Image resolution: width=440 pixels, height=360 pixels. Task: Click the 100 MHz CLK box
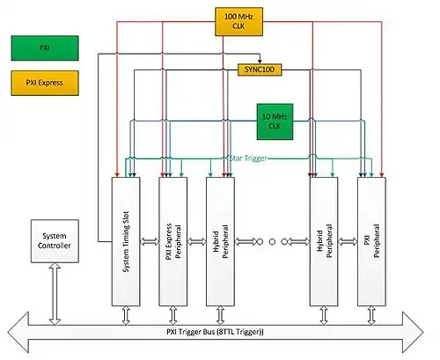coord(238,22)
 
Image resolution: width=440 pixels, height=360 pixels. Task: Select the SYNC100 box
coord(260,70)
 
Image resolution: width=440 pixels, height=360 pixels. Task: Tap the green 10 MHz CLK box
coord(275,121)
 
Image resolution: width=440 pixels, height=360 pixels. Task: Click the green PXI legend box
coord(45,48)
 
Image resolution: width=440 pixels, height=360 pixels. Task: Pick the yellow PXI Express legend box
coord(45,83)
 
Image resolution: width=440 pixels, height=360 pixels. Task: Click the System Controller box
coord(55,241)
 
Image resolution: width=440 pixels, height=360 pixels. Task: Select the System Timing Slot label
coord(126,241)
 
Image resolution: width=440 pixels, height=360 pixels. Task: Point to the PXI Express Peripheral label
coord(173,241)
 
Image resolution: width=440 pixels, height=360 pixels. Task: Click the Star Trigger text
coord(248,158)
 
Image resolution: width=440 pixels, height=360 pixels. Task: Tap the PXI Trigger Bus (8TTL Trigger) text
coord(215,332)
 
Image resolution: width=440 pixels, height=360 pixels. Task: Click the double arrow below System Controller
coord(55,294)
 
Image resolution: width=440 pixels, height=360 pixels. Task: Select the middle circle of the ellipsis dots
coord(272,242)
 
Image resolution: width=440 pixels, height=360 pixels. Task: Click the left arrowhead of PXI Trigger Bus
coord(18,333)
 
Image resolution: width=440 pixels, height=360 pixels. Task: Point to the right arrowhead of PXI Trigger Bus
coord(413,333)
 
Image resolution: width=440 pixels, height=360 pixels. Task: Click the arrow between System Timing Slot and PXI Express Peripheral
coord(150,242)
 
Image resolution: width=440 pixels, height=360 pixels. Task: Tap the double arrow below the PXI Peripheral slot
coord(371,315)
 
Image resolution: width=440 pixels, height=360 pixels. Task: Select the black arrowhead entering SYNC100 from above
coord(260,62)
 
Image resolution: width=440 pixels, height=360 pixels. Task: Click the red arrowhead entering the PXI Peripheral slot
coord(382,174)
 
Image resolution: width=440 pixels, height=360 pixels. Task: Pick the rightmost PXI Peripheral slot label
coord(371,241)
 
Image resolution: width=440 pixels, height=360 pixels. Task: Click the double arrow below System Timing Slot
coord(126,315)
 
